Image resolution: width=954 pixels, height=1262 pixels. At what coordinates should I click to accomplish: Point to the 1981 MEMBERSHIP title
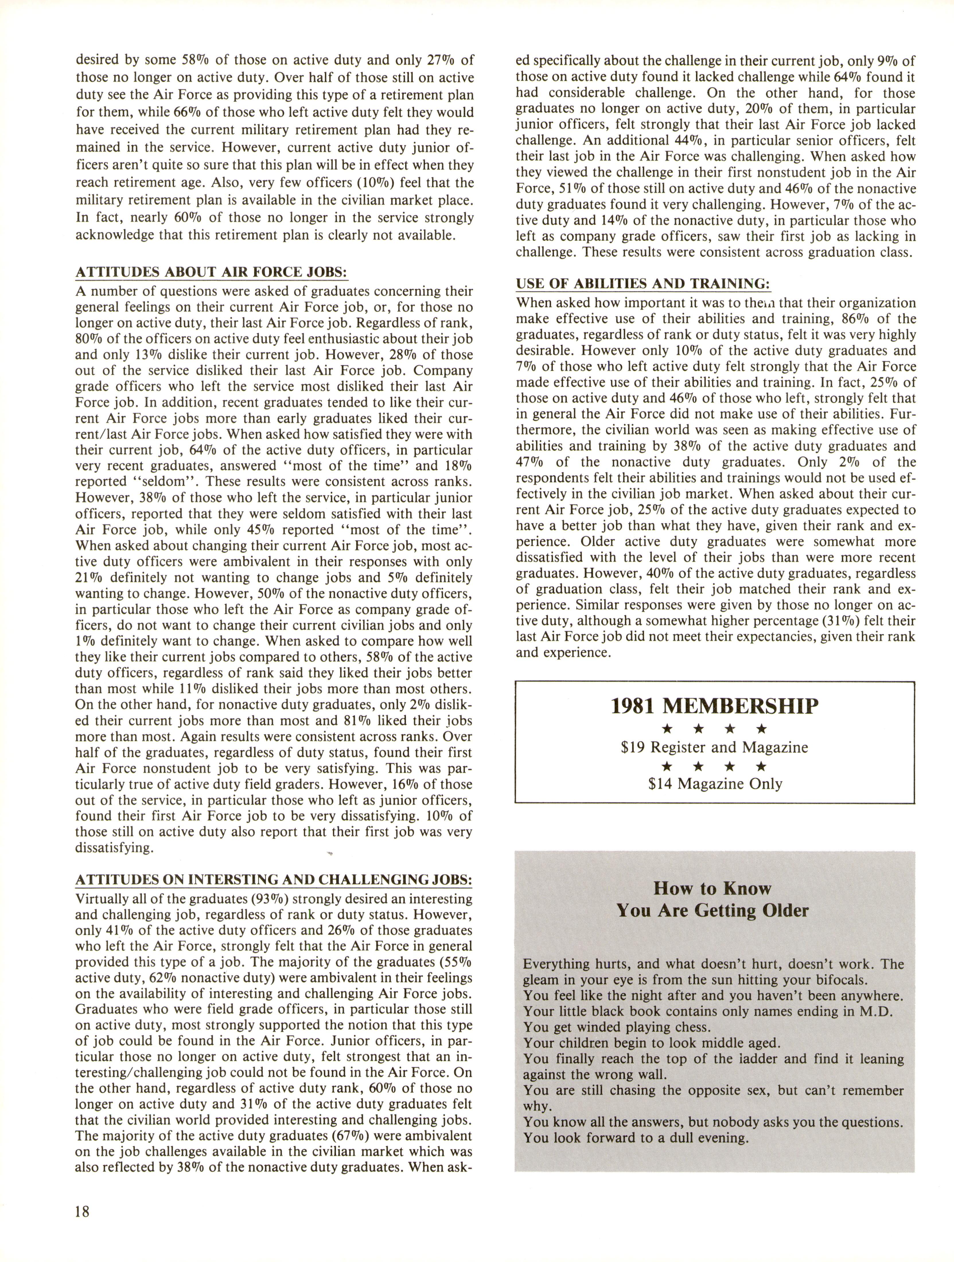(x=714, y=706)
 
